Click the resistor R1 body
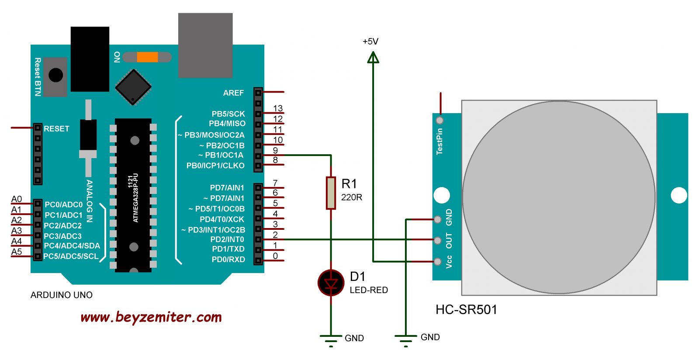[331, 193]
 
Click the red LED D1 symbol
[331, 283]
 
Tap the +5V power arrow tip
[373, 52]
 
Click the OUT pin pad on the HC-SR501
[437, 240]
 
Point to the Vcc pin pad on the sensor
[437, 261]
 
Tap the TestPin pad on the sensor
[439, 120]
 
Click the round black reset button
[56, 75]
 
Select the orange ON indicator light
[147, 57]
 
